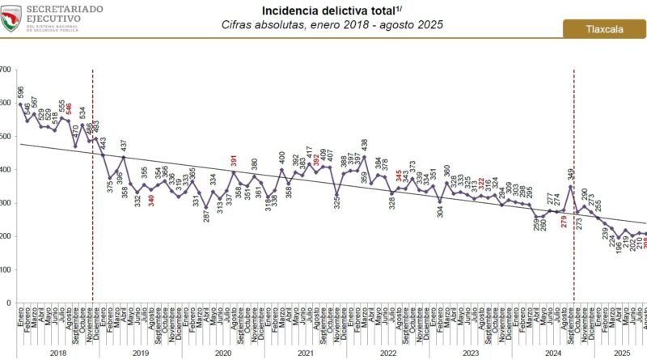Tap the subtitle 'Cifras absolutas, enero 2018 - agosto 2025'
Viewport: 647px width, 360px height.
click(332, 25)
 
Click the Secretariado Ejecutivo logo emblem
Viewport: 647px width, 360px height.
click(11, 18)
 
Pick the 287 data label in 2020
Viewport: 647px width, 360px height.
click(205, 215)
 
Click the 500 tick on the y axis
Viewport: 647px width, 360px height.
click(6, 136)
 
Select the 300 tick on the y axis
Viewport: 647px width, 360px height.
click(6, 203)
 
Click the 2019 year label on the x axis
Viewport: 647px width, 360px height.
click(140, 353)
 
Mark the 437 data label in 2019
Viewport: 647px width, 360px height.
click(123, 146)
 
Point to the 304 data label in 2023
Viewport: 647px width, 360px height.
click(440, 213)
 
